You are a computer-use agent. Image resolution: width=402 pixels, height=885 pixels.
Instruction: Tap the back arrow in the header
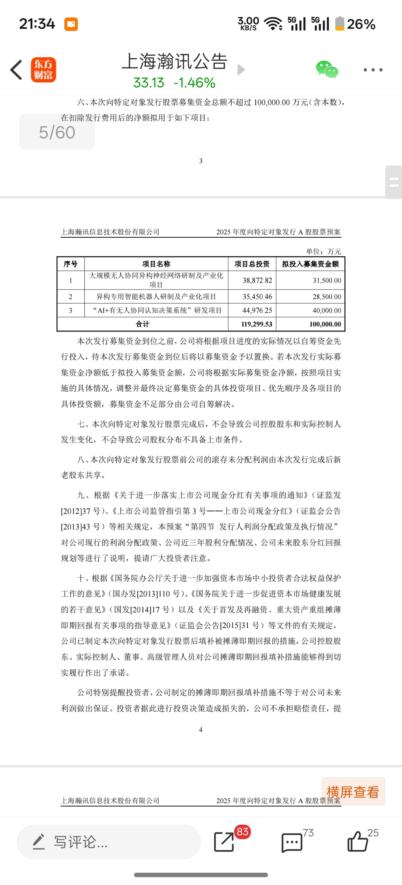point(16,70)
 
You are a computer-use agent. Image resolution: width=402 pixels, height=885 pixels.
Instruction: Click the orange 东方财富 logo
point(44,70)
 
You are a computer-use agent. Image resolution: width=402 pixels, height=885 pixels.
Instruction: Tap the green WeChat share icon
point(327,69)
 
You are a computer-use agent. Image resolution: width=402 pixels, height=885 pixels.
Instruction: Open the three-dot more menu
point(373,70)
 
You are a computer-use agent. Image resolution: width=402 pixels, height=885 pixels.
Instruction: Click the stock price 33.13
point(149,83)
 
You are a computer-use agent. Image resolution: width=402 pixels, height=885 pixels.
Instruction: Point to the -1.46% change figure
point(194,83)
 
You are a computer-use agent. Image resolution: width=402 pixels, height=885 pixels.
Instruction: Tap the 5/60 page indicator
point(57,132)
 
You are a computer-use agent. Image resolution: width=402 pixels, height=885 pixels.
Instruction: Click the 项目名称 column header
point(156,264)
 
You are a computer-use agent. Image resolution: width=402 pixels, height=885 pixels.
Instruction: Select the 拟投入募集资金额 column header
point(310,264)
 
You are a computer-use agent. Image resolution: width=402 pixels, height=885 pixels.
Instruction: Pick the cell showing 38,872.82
point(257,280)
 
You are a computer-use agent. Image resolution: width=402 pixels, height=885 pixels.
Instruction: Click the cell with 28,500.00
point(326,297)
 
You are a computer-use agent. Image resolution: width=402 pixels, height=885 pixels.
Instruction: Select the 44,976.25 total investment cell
point(257,311)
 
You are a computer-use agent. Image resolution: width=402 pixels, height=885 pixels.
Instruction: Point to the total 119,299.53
point(256,324)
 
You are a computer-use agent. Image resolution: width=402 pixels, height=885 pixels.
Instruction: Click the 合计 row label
point(143,324)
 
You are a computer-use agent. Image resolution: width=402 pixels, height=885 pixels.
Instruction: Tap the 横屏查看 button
point(353,792)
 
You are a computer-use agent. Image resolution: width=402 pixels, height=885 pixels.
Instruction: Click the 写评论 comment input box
point(109,842)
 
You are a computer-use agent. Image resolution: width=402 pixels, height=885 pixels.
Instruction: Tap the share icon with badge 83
point(224,841)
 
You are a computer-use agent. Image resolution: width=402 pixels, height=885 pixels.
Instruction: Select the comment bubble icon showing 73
point(292,842)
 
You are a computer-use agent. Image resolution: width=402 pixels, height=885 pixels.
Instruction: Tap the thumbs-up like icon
point(357,841)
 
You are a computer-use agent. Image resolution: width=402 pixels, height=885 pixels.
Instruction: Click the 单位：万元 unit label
point(323,251)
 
